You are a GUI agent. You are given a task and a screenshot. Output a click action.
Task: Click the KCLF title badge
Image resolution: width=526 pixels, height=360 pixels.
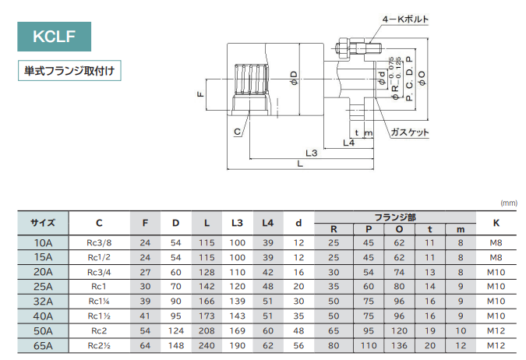coord(55,37)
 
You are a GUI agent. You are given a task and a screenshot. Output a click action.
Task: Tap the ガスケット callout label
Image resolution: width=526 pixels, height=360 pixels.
coord(410,132)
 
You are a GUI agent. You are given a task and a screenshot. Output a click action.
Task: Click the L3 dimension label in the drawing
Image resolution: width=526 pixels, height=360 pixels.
coord(309,154)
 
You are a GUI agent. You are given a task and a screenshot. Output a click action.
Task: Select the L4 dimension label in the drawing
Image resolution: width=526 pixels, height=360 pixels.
coord(348,143)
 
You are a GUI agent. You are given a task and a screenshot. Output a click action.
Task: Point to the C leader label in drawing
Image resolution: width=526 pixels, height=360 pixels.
coord(237,132)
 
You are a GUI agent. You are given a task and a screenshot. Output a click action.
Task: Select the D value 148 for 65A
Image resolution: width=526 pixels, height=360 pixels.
coord(175,345)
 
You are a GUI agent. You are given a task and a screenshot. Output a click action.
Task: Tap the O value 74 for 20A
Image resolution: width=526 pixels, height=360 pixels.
coord(399,272)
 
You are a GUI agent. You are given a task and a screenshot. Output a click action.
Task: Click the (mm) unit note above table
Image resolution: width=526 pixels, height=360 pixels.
coord(509,203)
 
